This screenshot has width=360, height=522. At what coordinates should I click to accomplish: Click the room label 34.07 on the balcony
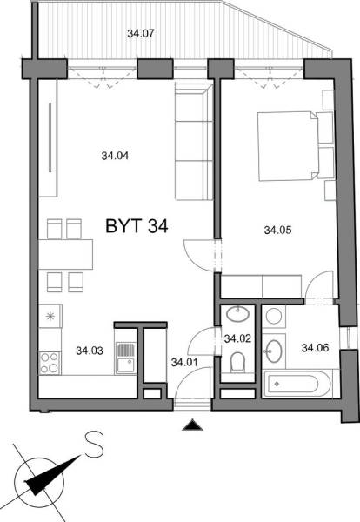(x=140, y=35)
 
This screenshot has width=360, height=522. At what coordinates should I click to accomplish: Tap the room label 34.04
(x=115, y=157)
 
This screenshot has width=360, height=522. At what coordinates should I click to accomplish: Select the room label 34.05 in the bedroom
(x=277, y=231)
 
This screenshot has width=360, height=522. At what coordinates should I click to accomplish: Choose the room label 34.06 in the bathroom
(x=315, y=348)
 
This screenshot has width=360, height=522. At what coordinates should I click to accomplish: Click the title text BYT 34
(x=137, y=226)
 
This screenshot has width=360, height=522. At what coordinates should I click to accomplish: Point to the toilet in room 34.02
(x=237, y=363)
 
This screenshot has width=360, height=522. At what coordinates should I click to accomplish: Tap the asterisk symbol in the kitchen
(x=50, y=316)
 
